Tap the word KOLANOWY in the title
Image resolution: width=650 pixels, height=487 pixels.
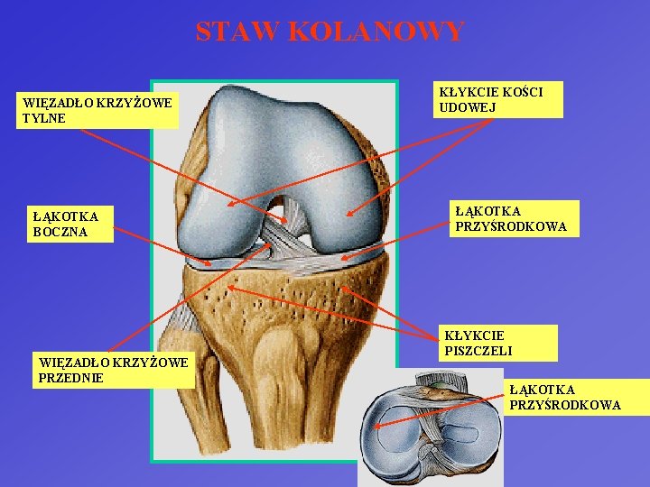pyautogui.click(x=376, y=32)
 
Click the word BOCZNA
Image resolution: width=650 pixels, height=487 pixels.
pyautogui.click(x=60, y=232)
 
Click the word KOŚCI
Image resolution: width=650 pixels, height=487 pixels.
pyautogui.click(x=521, y=92)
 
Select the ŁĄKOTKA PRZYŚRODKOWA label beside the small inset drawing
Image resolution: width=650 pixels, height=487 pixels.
pyautogui.click(x=564, y=397)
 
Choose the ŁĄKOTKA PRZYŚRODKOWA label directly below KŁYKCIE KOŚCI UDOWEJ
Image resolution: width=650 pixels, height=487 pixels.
pyautogui.click(x=511, y=218)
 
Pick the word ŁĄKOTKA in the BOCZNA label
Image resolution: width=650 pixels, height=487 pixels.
pyautogui.click(x=64, y=216)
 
